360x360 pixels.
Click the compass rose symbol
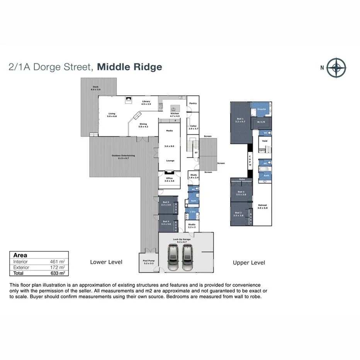336,67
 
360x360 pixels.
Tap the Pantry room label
193,104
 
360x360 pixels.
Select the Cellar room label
193,126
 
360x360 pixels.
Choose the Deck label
95,87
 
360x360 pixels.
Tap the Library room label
146,102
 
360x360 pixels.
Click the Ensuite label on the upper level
262,109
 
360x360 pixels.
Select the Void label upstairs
265,141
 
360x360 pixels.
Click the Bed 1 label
240,119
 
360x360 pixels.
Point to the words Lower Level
106,262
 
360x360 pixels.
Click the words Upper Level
249,263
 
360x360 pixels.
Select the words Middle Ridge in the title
129,67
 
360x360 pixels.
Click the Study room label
193,175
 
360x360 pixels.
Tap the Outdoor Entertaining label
123,156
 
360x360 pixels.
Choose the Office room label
170,179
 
